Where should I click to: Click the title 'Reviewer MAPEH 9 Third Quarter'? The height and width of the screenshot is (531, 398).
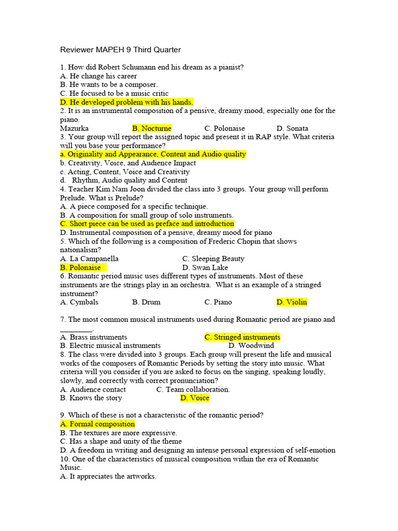click(120, 50)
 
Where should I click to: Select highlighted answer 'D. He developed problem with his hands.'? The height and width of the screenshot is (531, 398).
click(126, 102)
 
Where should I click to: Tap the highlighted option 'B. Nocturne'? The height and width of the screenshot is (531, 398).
click(152, 128)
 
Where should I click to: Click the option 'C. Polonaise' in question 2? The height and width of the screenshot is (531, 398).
click(224, 128)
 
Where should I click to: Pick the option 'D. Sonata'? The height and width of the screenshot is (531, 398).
click(292, 128)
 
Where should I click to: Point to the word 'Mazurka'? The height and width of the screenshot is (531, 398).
click(74, 128)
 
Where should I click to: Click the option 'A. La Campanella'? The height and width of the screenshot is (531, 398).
click(89, 259)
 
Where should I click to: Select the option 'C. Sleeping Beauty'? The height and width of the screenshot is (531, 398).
click(213, 259)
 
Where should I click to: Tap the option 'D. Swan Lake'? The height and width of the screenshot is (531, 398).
click(205, 268)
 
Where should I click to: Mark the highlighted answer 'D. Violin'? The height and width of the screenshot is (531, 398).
click(292, 302)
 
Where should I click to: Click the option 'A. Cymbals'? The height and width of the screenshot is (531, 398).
click(79, 302)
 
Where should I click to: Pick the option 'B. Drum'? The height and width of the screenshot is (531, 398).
click(146, 302)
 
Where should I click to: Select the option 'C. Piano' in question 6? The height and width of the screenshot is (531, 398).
click(218, 302)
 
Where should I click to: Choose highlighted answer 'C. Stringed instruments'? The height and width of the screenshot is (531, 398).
click(243, 337)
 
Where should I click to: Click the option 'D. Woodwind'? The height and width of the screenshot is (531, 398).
click(251, 345)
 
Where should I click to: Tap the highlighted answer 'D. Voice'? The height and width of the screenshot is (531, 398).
click(195, 398)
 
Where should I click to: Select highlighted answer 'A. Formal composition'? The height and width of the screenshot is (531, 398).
click(97, 424)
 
